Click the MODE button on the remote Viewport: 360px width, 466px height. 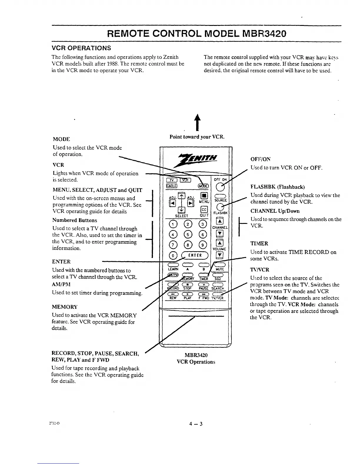pyautogui.click(x=203, y=186)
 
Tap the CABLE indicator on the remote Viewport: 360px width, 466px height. pyautogui.click(x=171, y=185)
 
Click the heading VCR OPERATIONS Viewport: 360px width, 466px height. pyautogui.click(x=81, y=48)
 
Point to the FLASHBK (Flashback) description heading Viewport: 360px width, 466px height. pyautogui.click(x=277, y=187)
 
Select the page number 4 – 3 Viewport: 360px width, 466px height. pyautogui.click(x=196, y=424)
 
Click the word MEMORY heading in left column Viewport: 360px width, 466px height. pyautogui.click(x=64, y=307)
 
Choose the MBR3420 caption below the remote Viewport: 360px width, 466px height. pyautogui.click(x=196, y=355)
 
